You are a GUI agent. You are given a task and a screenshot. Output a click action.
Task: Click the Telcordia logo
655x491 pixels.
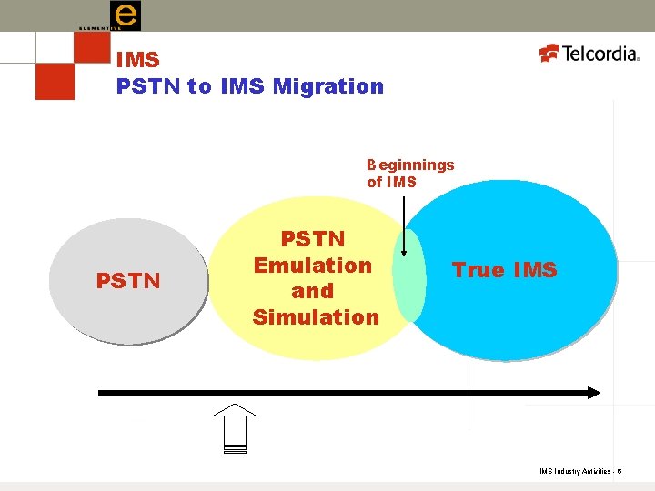click(x=589, y=54)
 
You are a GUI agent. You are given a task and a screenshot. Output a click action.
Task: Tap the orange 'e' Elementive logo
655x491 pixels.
click(x=125, y=15)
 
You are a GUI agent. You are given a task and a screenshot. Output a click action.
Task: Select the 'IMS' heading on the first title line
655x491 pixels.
click(x=138, y=60)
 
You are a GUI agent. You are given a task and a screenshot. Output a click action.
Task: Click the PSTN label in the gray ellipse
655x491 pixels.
click(x=128, y=280)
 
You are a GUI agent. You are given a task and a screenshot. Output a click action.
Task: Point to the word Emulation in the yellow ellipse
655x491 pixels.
click(x=313, y=266)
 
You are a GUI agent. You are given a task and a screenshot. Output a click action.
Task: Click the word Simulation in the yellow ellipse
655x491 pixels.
click(x=316, y=317)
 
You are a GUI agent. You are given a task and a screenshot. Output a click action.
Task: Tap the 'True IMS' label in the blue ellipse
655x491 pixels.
click(x=504, y=270)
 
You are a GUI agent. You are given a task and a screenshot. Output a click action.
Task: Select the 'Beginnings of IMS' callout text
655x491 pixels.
click(x=409, y=173)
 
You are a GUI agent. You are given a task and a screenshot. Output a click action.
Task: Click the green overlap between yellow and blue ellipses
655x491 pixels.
click(x=410, y=276)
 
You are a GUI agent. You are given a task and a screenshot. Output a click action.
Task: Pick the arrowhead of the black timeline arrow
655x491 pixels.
click(x=592, y=393)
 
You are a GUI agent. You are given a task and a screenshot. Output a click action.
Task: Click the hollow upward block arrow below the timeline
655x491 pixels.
click(x=235, y=426)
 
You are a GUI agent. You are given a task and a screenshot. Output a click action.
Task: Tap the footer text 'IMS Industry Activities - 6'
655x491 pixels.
click(x=580, y=471)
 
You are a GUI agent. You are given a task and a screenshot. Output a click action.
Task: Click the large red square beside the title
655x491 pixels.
click(x=55, y=80)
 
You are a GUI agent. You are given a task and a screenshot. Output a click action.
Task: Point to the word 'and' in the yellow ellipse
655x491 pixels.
click(x=313, y=291)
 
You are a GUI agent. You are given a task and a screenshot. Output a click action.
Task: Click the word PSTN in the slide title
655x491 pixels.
click(x=148, y=86)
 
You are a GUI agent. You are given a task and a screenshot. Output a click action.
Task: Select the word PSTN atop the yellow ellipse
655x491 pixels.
click(x=313, y=239)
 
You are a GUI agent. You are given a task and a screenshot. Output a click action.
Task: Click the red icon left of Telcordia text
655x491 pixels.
click(x=549, y=53)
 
